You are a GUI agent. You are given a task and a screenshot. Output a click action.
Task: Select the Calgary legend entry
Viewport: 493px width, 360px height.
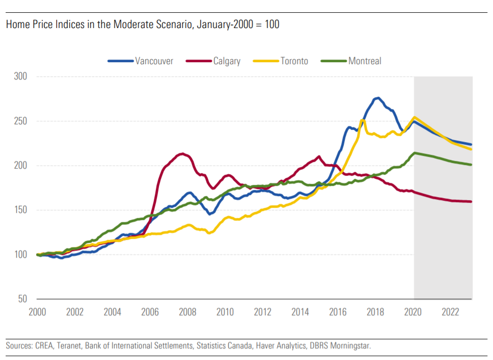tap(226, 61)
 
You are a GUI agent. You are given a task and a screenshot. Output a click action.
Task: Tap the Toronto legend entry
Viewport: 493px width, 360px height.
tap(294, 61)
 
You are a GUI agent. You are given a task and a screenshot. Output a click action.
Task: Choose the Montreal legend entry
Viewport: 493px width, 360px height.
tap(364, 61)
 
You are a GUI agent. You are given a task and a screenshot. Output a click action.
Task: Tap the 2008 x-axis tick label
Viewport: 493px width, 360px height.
tap(187, 312)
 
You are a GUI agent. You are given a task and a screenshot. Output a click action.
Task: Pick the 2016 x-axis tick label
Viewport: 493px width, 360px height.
tap(338, 312)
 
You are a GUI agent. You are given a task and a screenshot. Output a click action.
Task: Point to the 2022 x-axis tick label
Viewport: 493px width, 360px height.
tap(451, 312)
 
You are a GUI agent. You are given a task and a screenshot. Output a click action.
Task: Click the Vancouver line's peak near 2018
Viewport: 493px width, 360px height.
tap(377, 98)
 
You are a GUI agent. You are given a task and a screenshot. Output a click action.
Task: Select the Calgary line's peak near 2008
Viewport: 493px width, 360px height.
tap(182, 154)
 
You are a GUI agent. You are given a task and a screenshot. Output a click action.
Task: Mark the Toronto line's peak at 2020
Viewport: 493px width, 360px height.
tap(415, 118)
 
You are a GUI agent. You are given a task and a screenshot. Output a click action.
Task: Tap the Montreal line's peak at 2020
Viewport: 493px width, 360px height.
tap(415, 153)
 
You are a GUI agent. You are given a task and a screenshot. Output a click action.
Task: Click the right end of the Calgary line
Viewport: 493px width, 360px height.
tap(471, 202)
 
